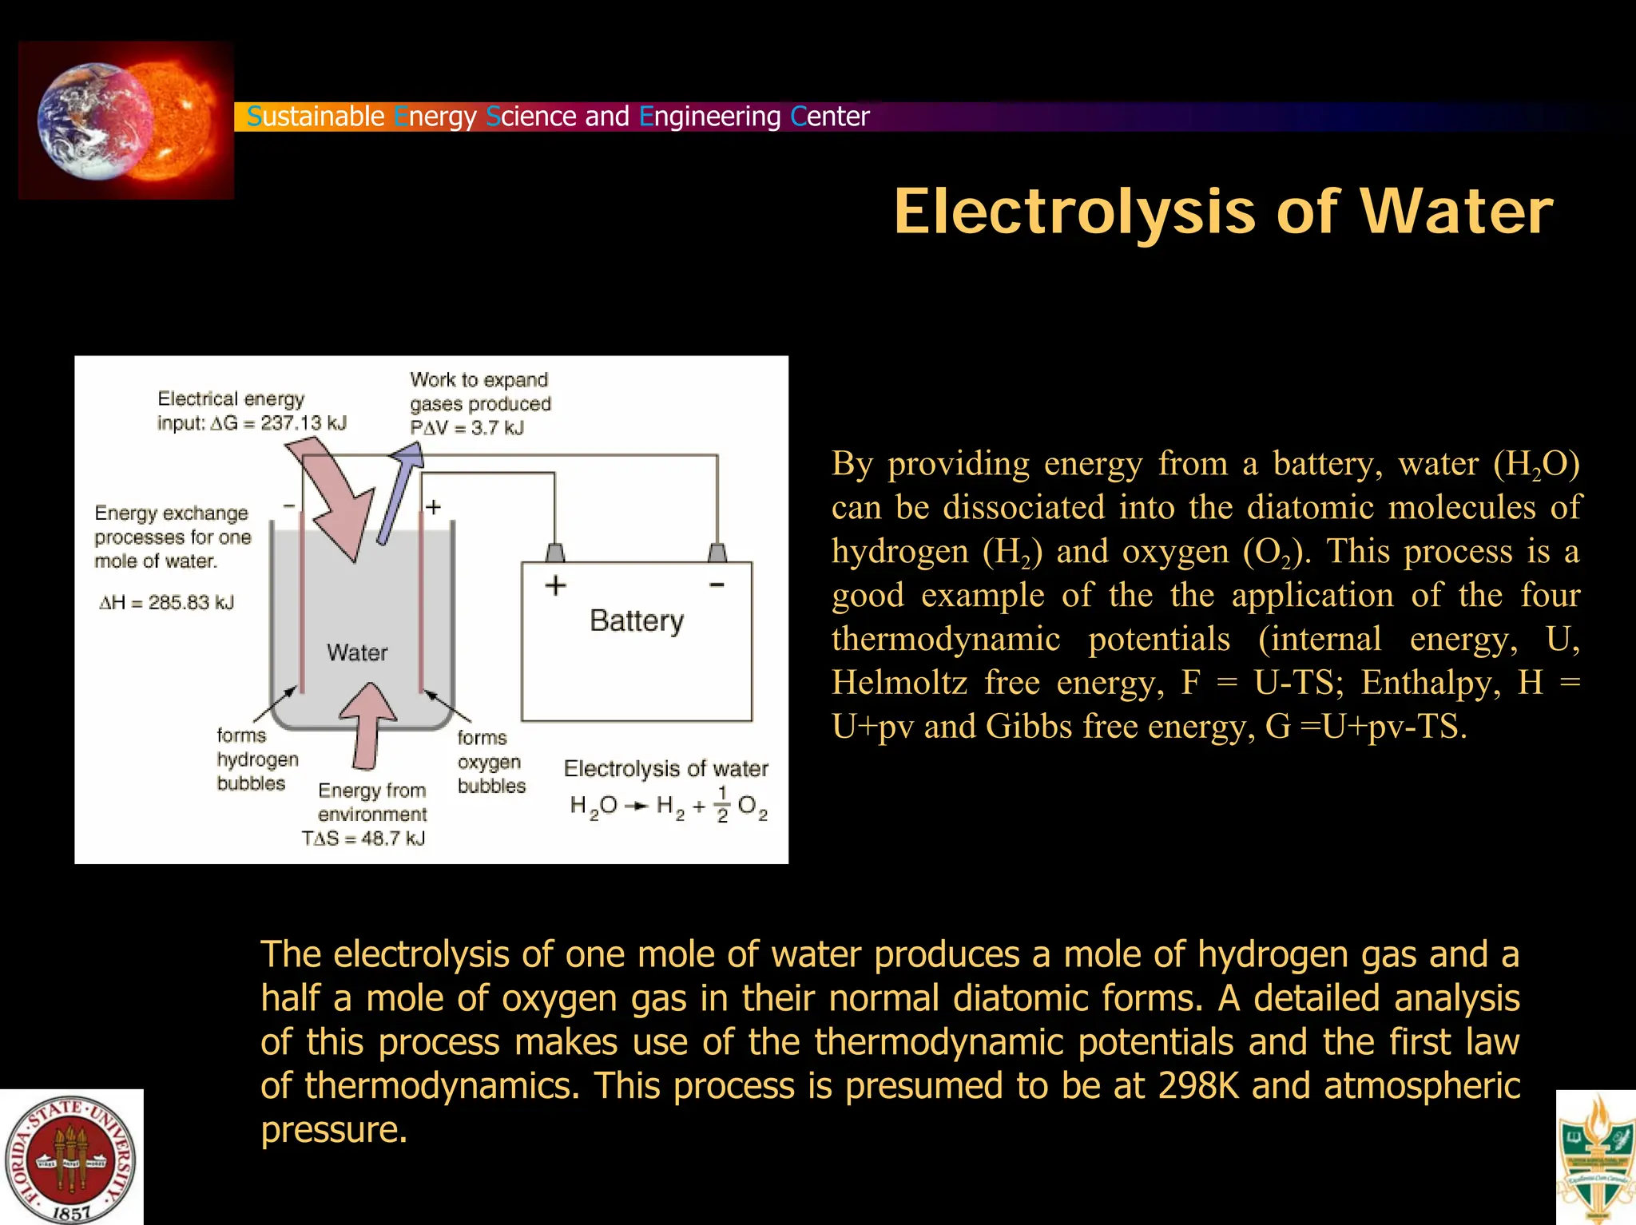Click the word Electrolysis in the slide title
click(1075, 212)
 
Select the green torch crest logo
click(1596, 1158)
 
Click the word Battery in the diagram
click(637, 620)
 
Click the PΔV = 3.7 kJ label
click(467, 428)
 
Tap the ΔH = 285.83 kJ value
click(166, 602)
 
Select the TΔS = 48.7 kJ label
click(363, 838)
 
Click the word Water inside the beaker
click(357, 652)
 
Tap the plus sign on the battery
click(555, 585)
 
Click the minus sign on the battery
click(717, 585)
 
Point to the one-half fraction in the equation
click(722, 804)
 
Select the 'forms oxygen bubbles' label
click(490, 762)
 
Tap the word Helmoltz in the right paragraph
click(899, 683)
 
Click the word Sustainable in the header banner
click(316, 117)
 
